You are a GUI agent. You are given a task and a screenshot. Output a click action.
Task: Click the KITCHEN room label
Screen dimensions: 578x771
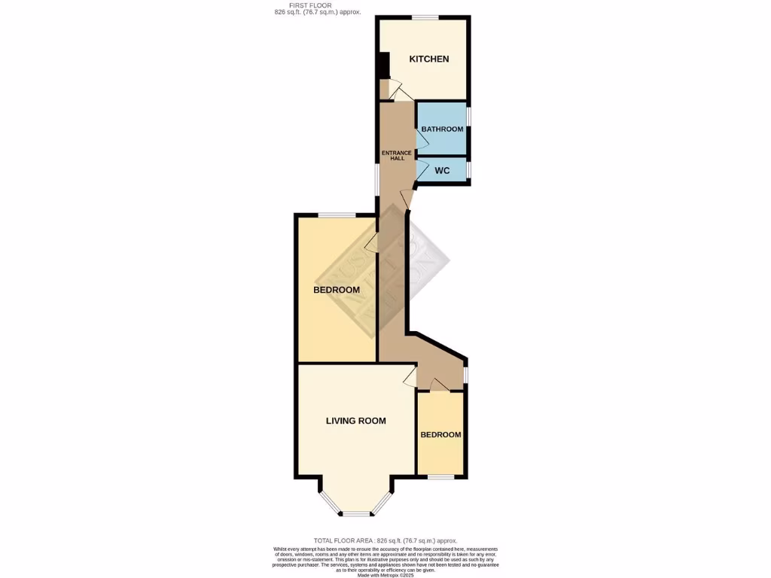pos(428,59)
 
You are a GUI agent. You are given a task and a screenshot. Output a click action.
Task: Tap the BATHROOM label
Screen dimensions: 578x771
pos(442,129)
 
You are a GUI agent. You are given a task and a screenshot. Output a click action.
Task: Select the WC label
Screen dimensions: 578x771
pos(442,171)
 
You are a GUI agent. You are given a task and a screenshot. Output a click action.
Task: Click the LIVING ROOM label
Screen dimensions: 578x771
pos(355,421)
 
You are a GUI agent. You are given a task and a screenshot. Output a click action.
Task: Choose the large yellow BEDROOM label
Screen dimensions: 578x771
pos(337,290)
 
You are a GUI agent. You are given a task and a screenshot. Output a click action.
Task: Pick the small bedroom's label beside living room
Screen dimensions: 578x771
pos(440,435)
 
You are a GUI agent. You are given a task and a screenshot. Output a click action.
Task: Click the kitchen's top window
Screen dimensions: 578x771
pos(425,17)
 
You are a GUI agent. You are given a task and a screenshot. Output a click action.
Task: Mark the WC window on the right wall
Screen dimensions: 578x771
pos(468,169)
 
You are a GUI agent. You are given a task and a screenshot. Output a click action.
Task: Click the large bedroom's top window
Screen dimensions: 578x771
pos(337,216)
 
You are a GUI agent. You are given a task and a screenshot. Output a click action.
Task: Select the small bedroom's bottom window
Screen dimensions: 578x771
pos(440,477)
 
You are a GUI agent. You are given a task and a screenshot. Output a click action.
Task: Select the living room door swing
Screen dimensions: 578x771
pos(410,376)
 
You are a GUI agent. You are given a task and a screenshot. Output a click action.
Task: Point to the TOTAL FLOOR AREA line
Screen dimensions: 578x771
pos(385,540)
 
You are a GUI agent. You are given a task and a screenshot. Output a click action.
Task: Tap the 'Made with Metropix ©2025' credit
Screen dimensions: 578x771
pos(385,575)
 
